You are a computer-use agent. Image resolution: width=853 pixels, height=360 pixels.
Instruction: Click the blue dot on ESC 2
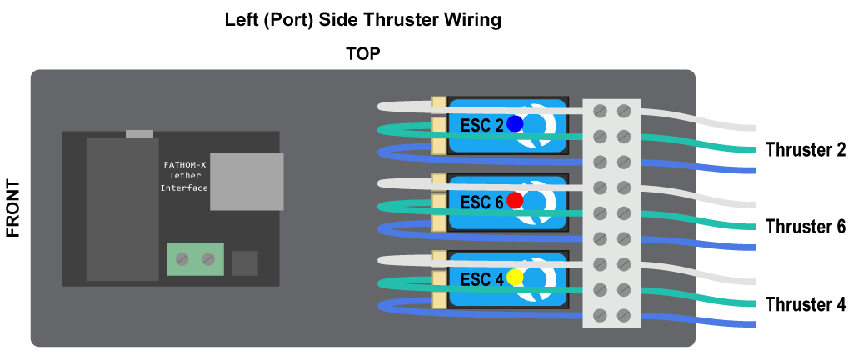[x=515, y=124]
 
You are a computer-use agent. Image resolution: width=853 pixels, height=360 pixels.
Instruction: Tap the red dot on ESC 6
[x=515, y=200]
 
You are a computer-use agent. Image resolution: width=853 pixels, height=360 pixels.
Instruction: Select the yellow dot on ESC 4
[x=515, y=277]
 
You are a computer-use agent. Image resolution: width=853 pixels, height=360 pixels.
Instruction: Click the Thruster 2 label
[x=805, y=150]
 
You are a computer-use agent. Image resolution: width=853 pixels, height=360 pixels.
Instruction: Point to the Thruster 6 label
[x=805, y=227]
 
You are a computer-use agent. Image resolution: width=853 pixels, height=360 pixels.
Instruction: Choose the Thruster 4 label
[x=805, y=304]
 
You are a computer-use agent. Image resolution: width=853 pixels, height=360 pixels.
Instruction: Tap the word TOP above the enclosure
[x=363, y=55]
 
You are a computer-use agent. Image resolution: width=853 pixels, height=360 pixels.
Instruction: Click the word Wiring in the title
[x=473, y=19]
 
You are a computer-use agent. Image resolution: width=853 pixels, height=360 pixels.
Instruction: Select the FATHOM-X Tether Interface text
[x=184, y=176]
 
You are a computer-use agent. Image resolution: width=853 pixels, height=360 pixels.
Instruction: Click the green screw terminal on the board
[x=196, y=259]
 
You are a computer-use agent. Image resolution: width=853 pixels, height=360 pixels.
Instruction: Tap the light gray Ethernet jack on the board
[x=247, y=181]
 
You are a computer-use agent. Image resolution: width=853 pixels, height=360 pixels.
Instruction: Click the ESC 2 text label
[x=481, y=125]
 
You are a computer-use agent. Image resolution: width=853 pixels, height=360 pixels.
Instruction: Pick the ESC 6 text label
[x=481, y=202]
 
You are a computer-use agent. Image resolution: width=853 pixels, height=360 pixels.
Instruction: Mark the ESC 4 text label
[x=481, y=279]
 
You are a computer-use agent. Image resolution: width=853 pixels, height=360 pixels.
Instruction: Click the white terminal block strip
[x=611, y=212]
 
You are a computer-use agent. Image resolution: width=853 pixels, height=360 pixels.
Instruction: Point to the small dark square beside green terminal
[x=245, y=263]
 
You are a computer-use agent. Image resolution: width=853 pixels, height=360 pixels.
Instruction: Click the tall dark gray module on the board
[x=122, y=208]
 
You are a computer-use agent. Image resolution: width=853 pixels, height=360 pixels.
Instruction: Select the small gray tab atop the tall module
[x=139, y=133]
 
